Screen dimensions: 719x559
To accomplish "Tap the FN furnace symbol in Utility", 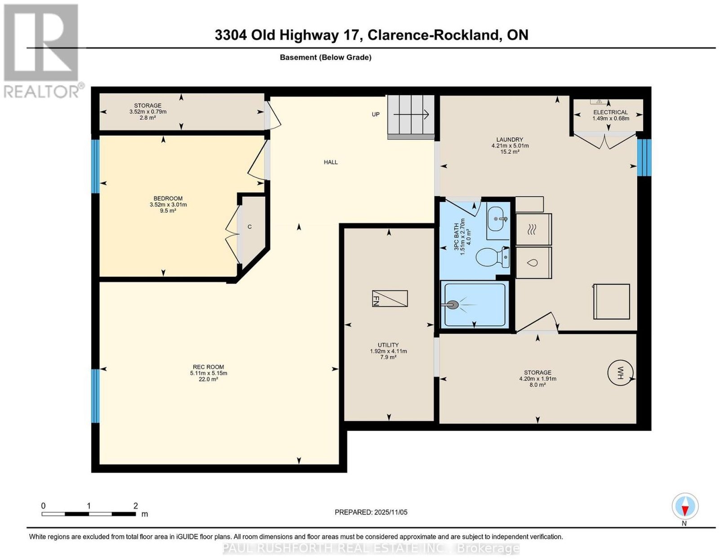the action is (x=390, y=298).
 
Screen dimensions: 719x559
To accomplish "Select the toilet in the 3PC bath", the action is (x=493, y=257).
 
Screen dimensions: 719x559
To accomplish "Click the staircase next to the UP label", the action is (x=411, y=116).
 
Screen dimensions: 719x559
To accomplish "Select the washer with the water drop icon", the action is (x=533, y=263).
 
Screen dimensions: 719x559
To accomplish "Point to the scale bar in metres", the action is (x=89, y=514).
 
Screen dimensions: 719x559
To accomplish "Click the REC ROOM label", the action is (x=208, y=367).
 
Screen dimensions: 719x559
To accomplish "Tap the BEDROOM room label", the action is (x=168, y=198).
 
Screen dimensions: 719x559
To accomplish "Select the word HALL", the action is (x=331, y=162).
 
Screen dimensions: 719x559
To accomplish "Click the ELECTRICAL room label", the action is (x=610, y=112).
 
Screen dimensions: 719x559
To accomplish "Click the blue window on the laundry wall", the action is (x=644, y=157).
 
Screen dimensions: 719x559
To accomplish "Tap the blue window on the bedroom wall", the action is (x=95, y=166).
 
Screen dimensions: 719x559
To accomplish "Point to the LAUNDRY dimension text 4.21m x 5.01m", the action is (x=510, y=146).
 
